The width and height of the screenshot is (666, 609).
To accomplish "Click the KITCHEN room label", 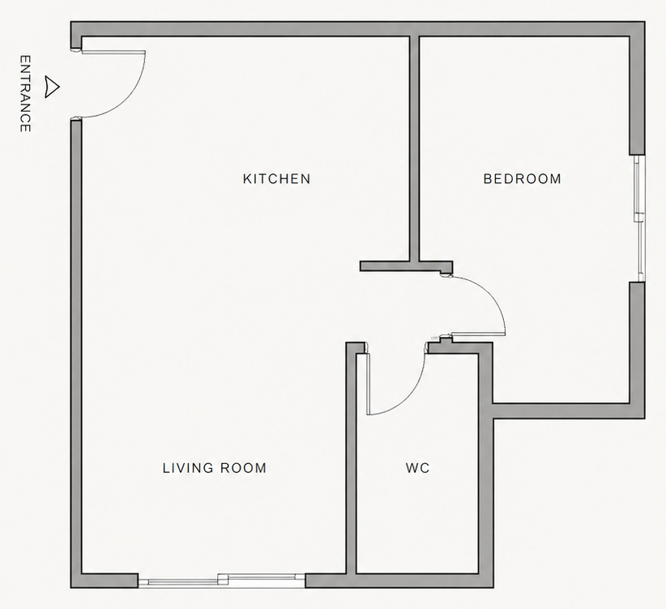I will click(276, 179).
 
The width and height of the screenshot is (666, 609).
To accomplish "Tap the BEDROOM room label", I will click(522, 179).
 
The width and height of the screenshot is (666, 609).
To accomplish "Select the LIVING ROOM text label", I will click(214, 468).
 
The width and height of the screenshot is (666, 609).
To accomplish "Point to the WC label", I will click(417, 468).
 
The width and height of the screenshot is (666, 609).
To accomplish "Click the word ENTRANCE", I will click(25, 94).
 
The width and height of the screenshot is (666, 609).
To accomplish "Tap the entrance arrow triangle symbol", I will click(53, 87).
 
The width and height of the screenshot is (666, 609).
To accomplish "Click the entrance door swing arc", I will click(131, 97).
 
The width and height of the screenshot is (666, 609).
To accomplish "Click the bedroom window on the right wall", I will click(638, 217).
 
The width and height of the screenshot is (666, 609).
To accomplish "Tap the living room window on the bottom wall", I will click(221, 580).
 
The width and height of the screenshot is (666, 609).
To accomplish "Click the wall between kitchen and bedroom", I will click(414, 146).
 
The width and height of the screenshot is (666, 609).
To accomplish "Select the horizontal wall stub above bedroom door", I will click(405, 266).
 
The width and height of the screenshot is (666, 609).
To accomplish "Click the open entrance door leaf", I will click(112, 53).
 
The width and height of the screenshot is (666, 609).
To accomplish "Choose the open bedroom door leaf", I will click(478, 333).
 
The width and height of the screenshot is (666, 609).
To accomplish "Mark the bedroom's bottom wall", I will click(567, 411).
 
